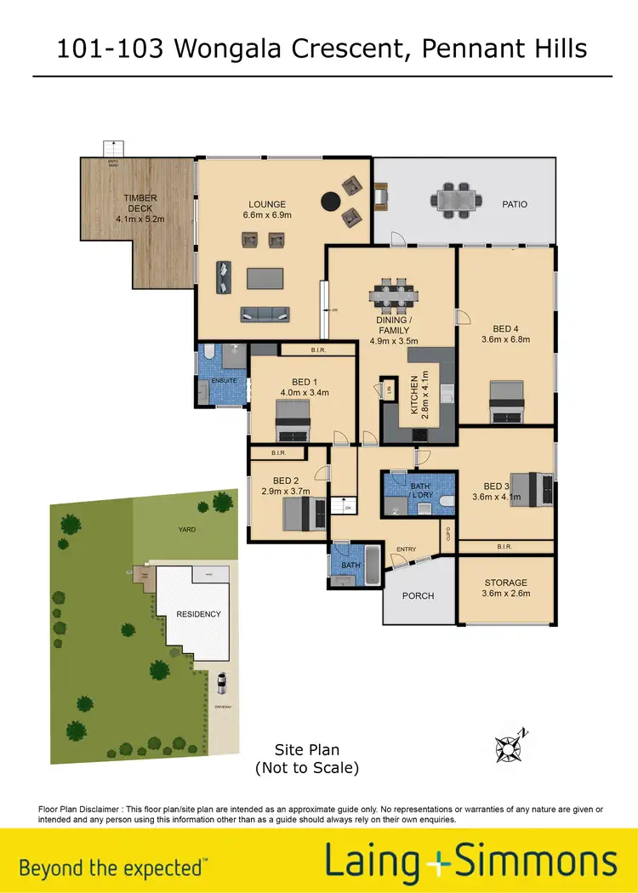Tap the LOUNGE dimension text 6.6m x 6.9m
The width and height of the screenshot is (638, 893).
point(267,216)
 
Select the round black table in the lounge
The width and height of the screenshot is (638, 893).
point(329,202)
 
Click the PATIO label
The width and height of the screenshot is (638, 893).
point(515,204)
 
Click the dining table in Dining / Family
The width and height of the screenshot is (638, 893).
point(394,294)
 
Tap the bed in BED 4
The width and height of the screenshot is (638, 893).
point(508,402)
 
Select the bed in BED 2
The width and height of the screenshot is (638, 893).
point(303,513)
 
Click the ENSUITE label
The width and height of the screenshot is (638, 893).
point(223,381)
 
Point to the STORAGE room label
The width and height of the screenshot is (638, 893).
point(506,583)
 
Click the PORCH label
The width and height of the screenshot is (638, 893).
point(418,595)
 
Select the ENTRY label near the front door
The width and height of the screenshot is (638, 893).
point(406,549)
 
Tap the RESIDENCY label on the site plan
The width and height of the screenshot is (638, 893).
point(198,614)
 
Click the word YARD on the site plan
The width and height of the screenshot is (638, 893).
point(187,530)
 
